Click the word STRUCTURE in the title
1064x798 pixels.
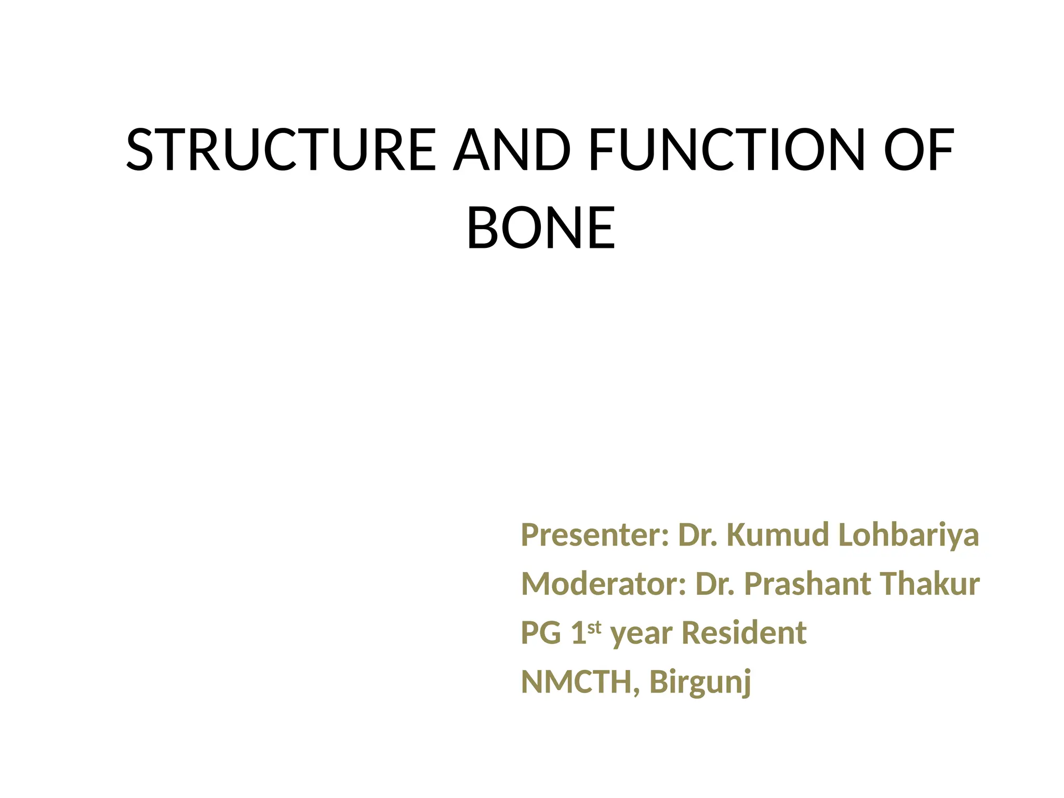coord(281,150)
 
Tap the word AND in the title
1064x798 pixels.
coord(512,150)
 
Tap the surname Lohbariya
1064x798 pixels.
coord(909,535)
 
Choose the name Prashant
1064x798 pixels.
coord(807,584)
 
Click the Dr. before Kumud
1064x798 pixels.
coord(698,535)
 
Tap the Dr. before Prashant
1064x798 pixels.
coord(715,584)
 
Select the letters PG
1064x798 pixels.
coord(541,633)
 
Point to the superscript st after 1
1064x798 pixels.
coord(594,627)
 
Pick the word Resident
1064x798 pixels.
coord(744,633)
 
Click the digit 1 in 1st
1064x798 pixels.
coord(578,633)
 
